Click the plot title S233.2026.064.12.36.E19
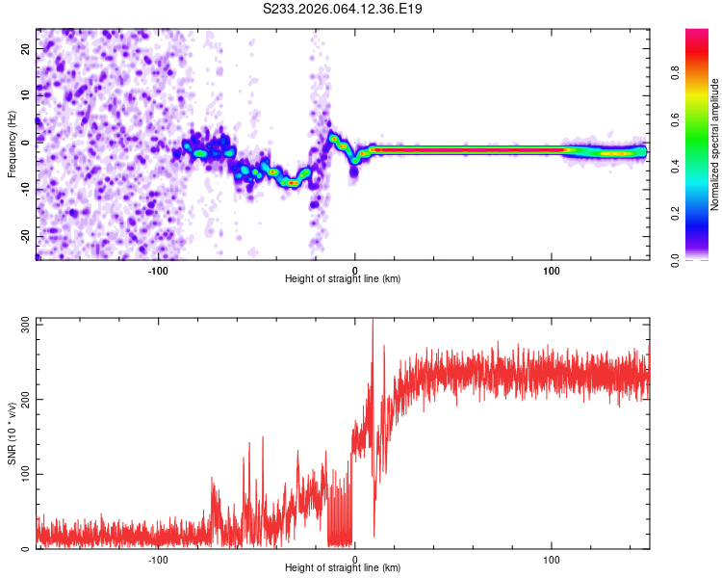(343, 9)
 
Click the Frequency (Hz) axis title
(12, 144)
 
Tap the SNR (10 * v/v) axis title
(12, 434)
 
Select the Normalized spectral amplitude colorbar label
(715, 144)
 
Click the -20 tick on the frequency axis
(22, 236)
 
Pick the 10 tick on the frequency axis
(24, 94)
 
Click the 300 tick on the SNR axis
(21, 325)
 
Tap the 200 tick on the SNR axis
(21, 400)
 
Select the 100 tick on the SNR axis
(21, 474)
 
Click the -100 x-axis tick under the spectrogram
(159, 271)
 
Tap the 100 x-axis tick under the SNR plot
(552, 560)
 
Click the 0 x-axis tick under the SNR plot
(355, 560)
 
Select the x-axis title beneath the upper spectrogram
(343, 279)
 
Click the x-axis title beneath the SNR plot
(343, 568)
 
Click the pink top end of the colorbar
(697, 33)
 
